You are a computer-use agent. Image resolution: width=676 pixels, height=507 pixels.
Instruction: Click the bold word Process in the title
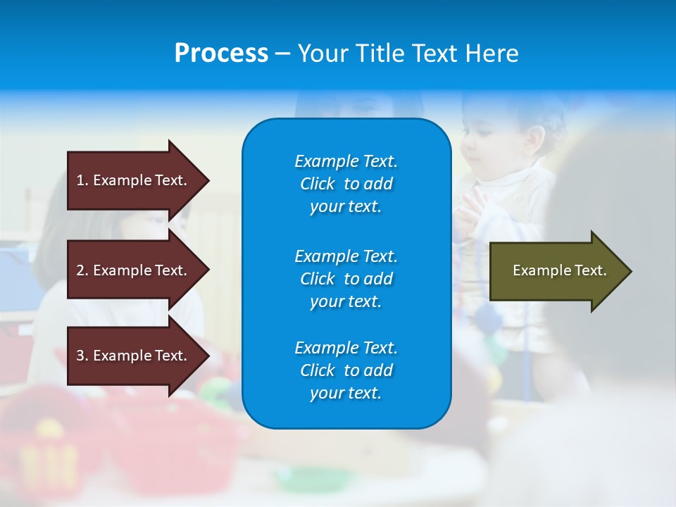[x=221, y=54]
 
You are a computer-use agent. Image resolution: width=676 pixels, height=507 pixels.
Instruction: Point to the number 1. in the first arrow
[x=82, y=180]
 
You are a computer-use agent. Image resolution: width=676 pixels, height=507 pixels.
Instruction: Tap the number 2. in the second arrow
[x=82, y=270]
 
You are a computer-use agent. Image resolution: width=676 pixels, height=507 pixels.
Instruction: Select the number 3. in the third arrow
[x=82, y=356]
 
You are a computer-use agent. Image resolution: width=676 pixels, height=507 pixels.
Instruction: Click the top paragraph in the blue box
[x=346, y=184]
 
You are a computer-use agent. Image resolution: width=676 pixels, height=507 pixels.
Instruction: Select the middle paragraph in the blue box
[x=346, y=278]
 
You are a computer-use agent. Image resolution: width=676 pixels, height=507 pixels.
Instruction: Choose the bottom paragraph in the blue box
[x=346, y=370]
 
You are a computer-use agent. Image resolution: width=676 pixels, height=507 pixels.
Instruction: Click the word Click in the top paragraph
[x=318, y=184]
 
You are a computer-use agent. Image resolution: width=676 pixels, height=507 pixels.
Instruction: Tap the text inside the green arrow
[x=560, y=270]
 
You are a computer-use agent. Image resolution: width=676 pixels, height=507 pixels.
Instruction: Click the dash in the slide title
[x=283, y=54]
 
